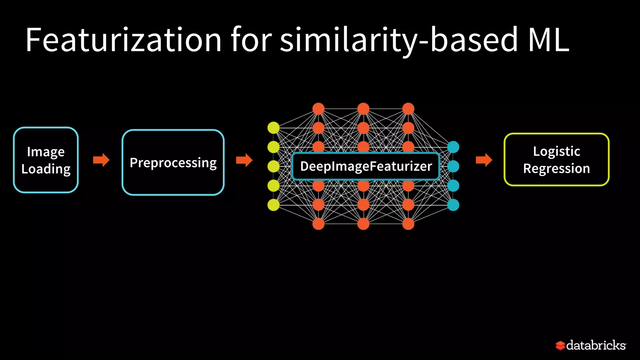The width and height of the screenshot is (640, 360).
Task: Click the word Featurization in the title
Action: [x=123, y=40]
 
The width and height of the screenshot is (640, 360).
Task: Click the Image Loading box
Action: [x=46, y=160]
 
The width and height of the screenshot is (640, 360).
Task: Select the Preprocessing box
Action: [x=173, y=162]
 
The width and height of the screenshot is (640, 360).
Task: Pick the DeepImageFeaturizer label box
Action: [x=366, y=166]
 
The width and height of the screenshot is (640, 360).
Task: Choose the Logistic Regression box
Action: [x=557, y=160]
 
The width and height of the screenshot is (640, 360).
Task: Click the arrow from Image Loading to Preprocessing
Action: [x=101, y=160]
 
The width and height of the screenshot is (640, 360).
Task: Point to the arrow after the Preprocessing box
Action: [x=244, y=160]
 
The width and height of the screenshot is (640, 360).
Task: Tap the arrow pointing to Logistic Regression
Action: [x=484, y=160]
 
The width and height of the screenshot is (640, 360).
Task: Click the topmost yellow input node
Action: [x=273, y=128]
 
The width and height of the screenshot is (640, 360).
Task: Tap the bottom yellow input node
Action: [x=273, y=205]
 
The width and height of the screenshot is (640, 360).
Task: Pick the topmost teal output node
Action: [x=453, y=147]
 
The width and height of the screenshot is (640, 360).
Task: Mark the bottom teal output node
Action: [x=453, y=205]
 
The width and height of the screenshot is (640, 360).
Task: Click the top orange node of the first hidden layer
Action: [x=318, y=109]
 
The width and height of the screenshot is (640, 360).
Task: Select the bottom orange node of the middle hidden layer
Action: [x=363, y=224]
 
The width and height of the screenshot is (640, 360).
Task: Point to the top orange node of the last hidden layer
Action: [x=408, y=109]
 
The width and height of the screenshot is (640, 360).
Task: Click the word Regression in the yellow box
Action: [x=557, y=169]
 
